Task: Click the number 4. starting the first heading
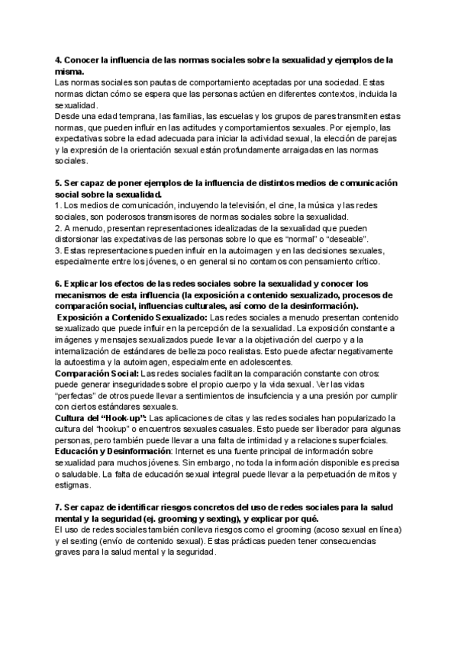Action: (59, 60)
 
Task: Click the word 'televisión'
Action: (221, 206)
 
